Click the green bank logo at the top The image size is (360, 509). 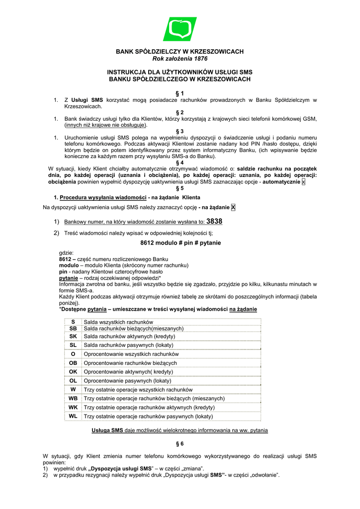(x=180, y=29)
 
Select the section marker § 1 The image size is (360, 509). (x=180, y=93)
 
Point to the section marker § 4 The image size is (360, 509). (x=180, y=162)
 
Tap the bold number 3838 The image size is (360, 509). (x=214, y=221)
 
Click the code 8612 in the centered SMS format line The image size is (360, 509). (x=149, y=243)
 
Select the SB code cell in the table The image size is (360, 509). (x=73, y=329)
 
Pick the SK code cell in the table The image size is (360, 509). (x=73, y=337)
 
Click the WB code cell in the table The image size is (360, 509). (x=73, y=398)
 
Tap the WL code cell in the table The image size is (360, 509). (x=73, y=416)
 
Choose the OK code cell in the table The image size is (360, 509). (x=73, y=371)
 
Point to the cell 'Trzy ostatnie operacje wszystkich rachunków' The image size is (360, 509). (x=138, y=390)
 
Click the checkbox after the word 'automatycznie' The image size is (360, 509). (x=304, y=182)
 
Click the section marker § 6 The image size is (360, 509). (x=180, y=443)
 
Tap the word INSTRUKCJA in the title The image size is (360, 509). (x=131, y=72)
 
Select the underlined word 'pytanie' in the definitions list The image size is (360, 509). (x=68, y=278)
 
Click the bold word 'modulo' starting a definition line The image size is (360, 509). (x=69, y=265)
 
